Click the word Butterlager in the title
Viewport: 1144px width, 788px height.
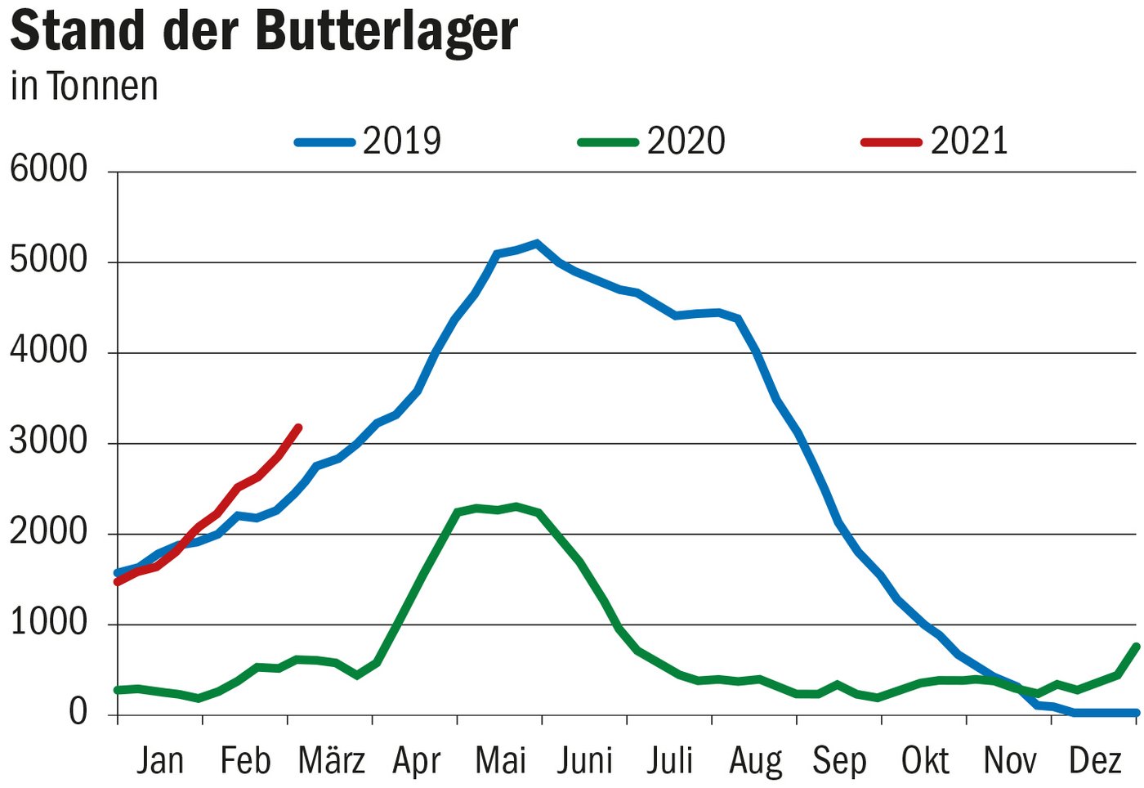click(x=387, y=31)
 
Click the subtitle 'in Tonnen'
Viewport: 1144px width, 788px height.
click(x=83, y=87)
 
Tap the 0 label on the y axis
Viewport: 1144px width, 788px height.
click(x=78, y=712)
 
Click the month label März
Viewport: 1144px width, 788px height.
click(x=331, y=760)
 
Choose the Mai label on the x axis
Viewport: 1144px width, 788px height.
click(x=500, y=760)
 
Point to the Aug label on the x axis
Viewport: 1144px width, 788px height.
click(x=755, y=761)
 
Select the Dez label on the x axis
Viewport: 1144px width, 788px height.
click(x=1094, y=760)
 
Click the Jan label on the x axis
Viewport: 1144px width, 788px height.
click(x=160, y=760)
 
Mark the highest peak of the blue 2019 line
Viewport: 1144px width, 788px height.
click(x=537, y=243)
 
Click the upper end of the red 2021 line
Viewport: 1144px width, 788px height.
click(x=299, y=428)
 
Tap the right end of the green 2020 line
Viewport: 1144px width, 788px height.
click(x=1136, y=646)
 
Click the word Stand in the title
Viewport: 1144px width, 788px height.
click(x=78, y=31)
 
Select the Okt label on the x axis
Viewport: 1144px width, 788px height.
click(x=924, y=760)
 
